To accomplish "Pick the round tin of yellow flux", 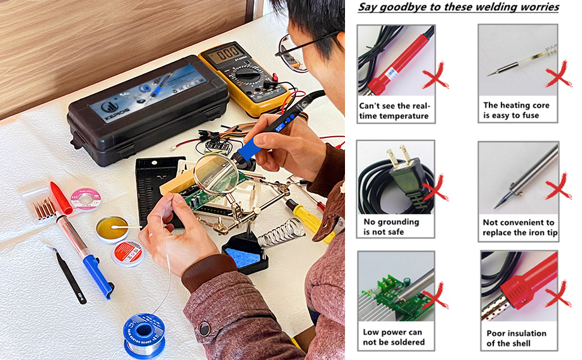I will [112, 229].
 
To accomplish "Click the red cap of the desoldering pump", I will [61, 197].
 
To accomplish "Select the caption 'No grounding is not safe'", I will [391, 227].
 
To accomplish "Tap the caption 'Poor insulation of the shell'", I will [517, 338].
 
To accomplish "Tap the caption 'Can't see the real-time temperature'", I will [395, 111].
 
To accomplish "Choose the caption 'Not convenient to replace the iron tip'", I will [519, 227].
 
